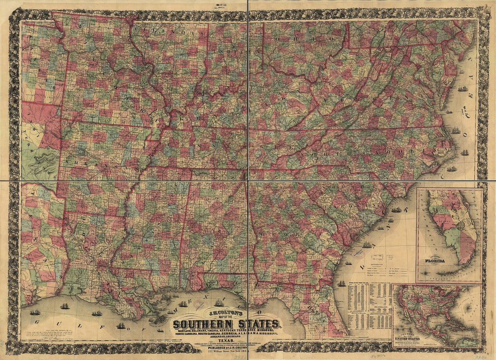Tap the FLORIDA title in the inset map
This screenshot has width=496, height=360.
point(433,261)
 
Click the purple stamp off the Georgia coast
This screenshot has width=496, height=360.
point(359,254)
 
